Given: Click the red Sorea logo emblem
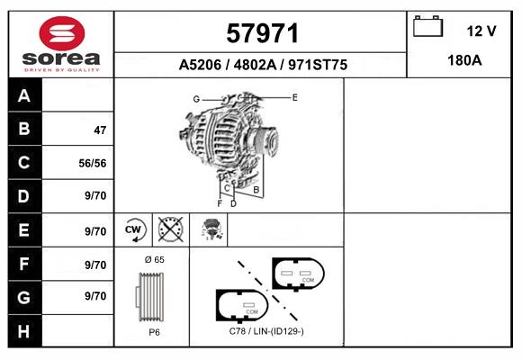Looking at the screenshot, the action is coord(62,33).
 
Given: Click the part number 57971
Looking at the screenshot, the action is coord(262,33).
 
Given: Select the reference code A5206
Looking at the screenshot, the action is coord(200,65).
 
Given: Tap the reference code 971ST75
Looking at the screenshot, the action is coord(318,65).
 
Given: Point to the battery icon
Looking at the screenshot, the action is coord(427,26).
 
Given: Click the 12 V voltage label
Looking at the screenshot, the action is coord(481,31).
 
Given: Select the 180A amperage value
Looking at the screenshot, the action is coord(464,60).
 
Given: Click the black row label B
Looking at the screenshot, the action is coord(24,129).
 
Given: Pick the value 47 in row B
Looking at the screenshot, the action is coord(100,130).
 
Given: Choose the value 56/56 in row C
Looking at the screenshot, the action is coord(93,163).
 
